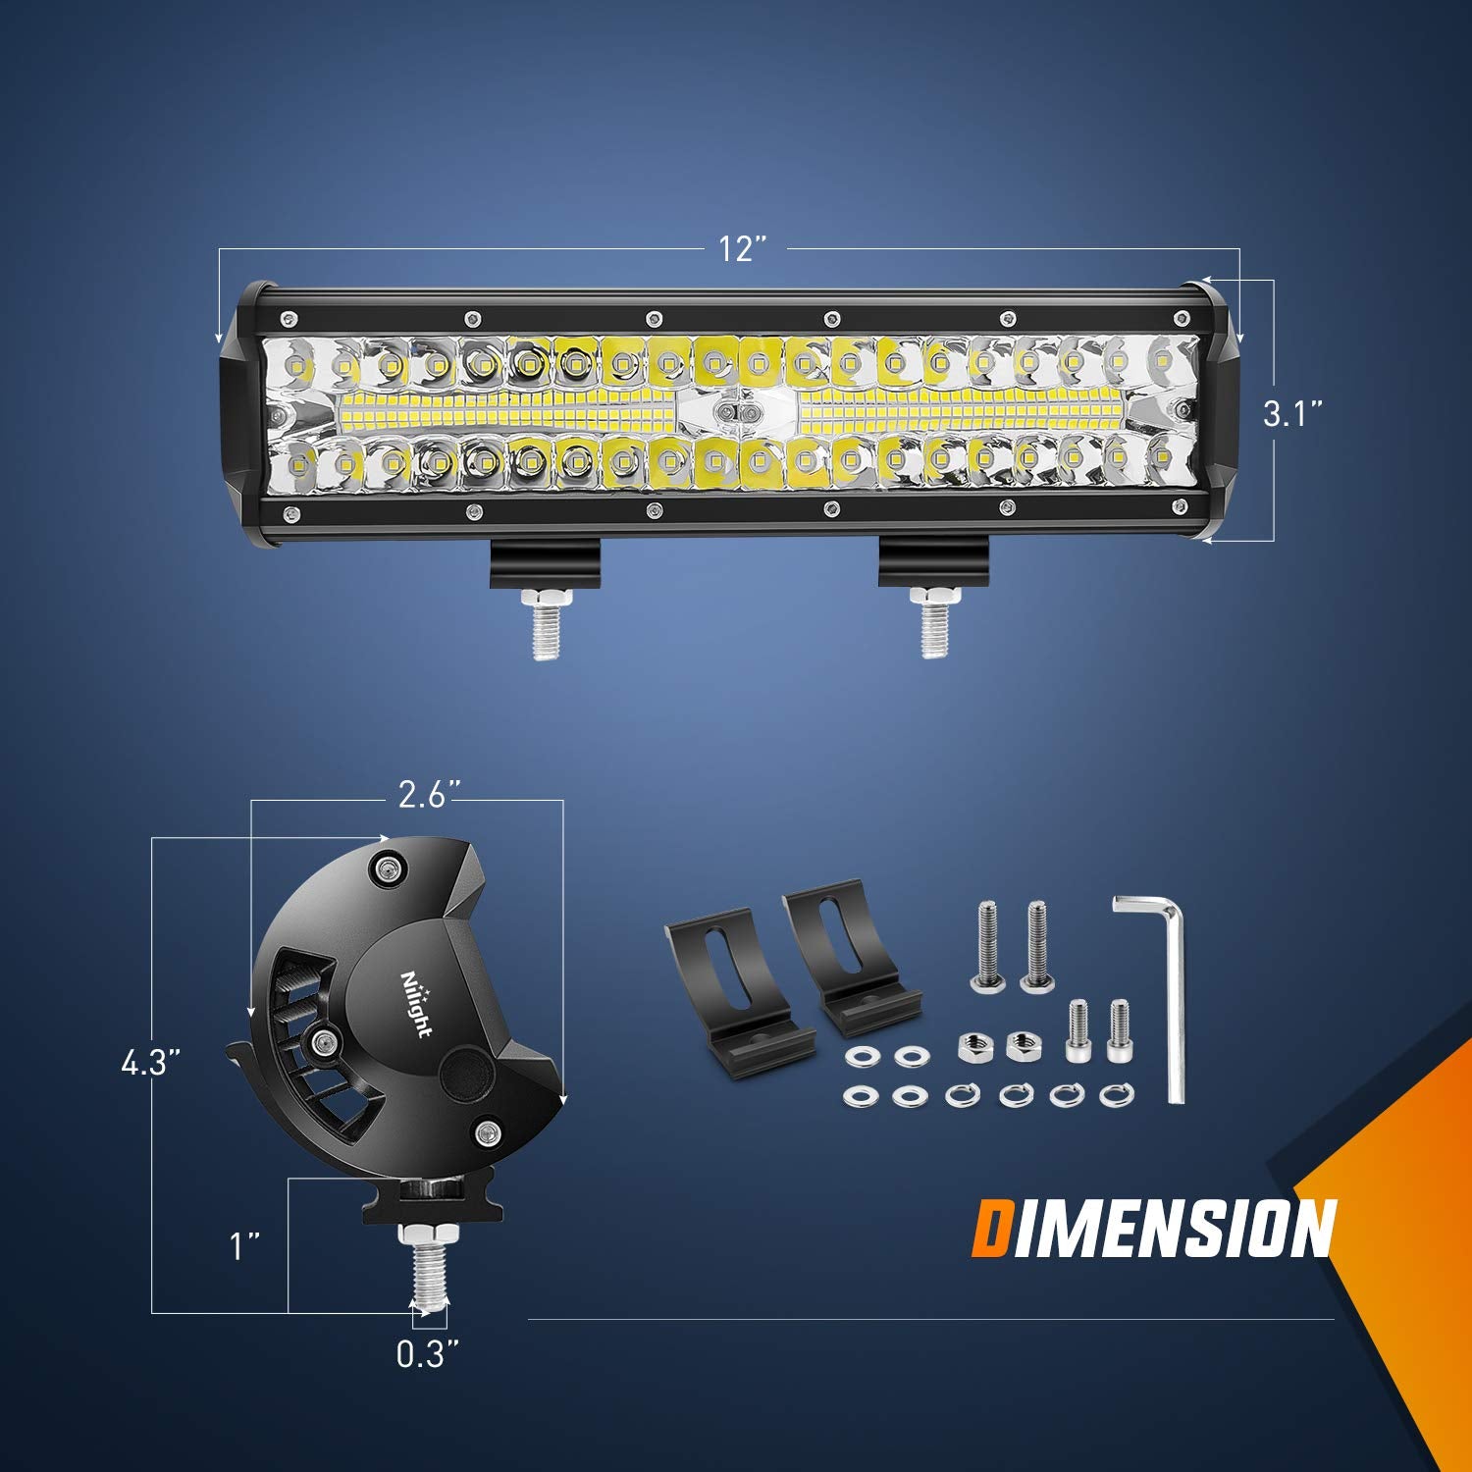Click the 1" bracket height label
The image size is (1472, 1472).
tap(244, 1246)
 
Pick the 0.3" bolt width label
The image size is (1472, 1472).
tap(428, 1354)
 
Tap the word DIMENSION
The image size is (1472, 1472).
tap(1153, 1228)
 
